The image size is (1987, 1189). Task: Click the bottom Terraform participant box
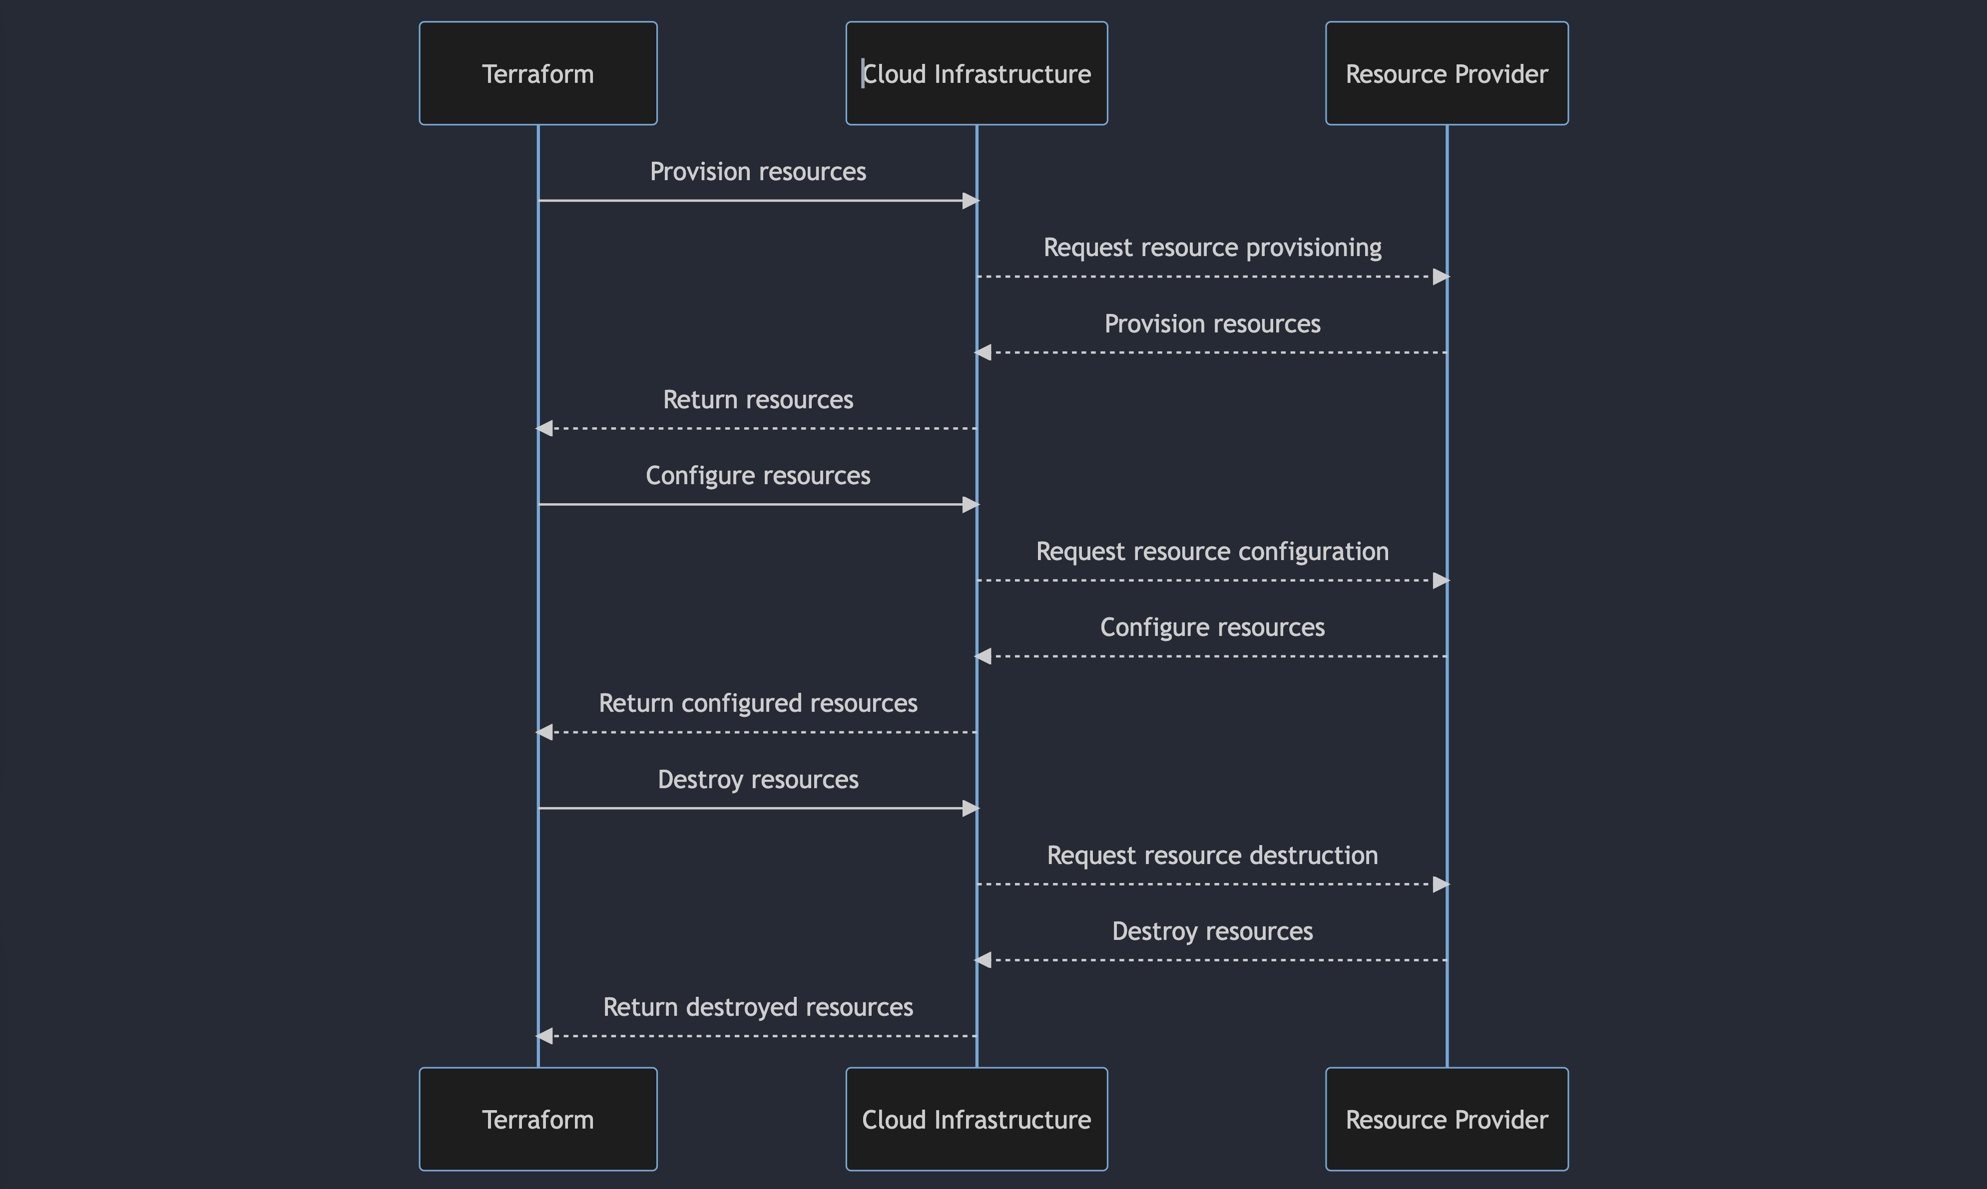coord(538,1119)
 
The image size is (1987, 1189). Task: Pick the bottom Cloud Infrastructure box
coord(976,1119)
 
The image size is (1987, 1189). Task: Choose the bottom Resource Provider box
coord(1447,1119)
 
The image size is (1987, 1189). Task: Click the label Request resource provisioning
coord(1212,248)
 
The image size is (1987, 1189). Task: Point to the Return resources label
coord(757,400)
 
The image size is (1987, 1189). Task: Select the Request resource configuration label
coord(1212,551)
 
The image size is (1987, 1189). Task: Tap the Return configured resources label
coord(757,703)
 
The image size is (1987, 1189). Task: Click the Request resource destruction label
coord(1212,856)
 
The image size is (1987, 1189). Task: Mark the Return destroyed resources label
coord(757,1007)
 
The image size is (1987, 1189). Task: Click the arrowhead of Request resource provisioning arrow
coord(1441,277)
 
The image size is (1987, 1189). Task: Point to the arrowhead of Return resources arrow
coord(545,429)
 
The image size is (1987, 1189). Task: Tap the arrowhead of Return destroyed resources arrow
coord(545,1036)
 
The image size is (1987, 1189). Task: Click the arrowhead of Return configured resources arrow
coord(545,732)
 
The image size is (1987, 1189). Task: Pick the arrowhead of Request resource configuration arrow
coord(1441,580)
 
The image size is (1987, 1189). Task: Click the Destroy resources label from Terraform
coord(757,780)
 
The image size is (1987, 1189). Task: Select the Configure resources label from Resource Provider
coord(1212,627)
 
